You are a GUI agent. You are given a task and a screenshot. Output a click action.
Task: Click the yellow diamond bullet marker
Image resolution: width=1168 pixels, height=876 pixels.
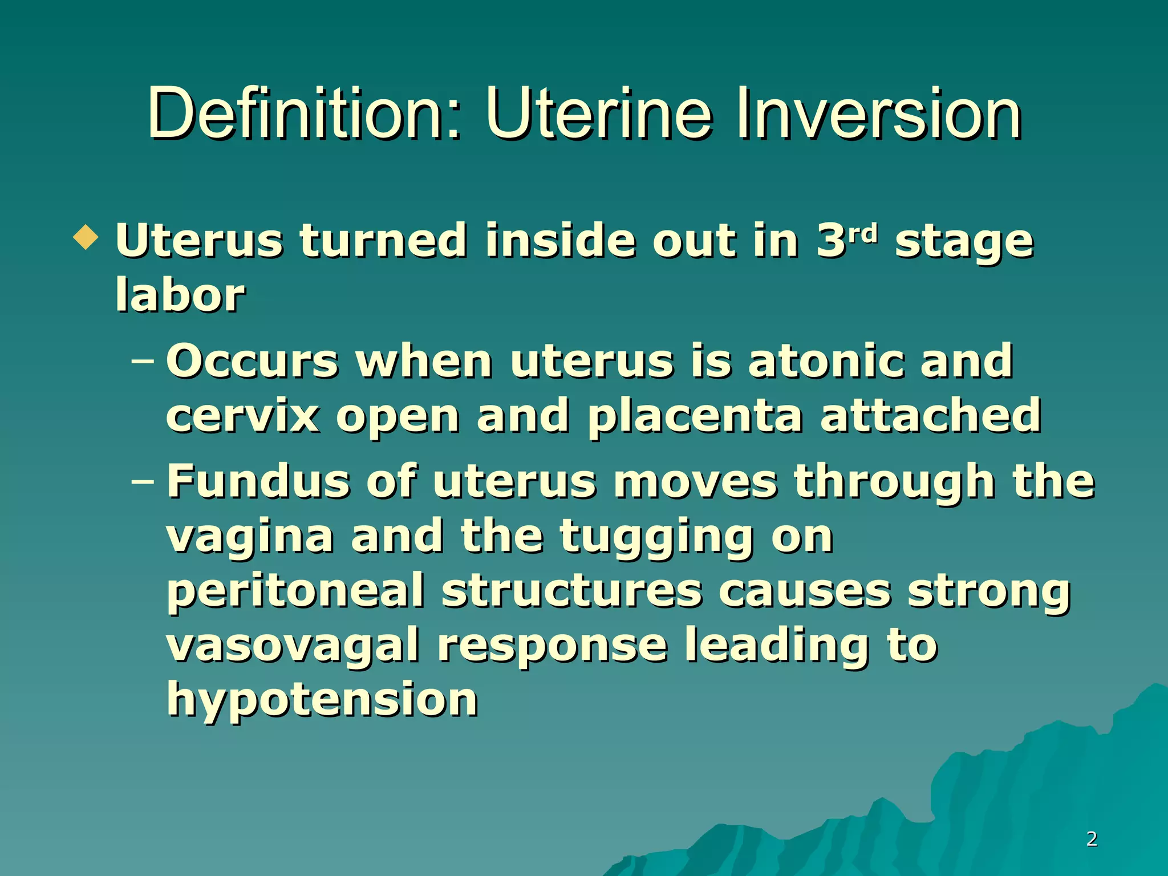[x=86, y=237]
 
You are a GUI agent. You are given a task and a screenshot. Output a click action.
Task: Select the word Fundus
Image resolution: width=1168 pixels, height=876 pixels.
[x=258, y=481]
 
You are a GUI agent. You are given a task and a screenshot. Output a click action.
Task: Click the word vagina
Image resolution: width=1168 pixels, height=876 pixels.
[x=250, y=538]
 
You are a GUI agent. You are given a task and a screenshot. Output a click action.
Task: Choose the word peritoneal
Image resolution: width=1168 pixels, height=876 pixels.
[x=296, y=592]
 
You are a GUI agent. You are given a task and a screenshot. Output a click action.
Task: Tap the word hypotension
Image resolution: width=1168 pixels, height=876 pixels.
[x=322, y=701]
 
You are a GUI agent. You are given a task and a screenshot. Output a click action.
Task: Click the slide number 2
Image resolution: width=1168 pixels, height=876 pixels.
[x=1092, y=838]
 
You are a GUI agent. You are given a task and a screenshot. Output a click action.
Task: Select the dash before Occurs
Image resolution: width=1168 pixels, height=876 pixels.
[x=143, y=361]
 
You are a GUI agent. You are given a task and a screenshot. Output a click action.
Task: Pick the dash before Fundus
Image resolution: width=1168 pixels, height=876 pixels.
[x=143, y=481]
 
